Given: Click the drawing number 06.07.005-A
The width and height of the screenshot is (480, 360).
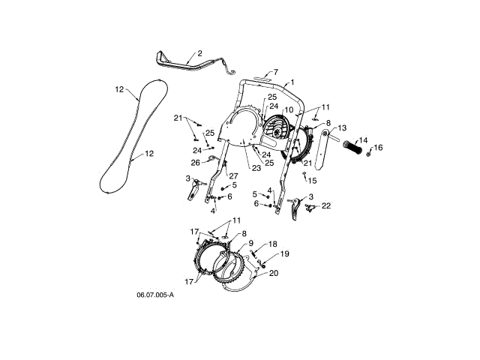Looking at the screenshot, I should [155, 295].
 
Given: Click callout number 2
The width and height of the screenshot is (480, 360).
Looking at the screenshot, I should [199, 54].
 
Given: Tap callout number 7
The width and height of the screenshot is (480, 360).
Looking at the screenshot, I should [275, 72].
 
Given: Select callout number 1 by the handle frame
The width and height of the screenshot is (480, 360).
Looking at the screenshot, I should [292, 82].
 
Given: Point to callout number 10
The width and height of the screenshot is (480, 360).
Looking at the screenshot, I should [289, 110].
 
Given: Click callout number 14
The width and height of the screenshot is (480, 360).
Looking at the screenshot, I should [362, 139].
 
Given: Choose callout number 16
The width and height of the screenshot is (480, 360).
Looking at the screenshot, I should [379, 148].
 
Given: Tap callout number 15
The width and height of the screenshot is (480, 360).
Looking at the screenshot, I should [313, 181].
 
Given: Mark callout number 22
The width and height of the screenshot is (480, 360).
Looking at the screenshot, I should [326, 205].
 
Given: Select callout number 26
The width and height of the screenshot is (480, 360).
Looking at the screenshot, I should [195, 162].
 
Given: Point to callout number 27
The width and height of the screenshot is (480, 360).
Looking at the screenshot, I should [223, 176].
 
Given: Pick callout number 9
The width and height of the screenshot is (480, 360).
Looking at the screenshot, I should [251, 242].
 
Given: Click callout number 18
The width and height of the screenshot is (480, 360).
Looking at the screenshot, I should [273, 244].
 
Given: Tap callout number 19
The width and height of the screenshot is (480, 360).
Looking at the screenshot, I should [284, 254].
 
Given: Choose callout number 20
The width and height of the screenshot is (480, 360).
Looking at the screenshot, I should [273, 273].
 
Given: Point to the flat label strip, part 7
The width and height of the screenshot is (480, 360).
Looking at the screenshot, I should [264, 77].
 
